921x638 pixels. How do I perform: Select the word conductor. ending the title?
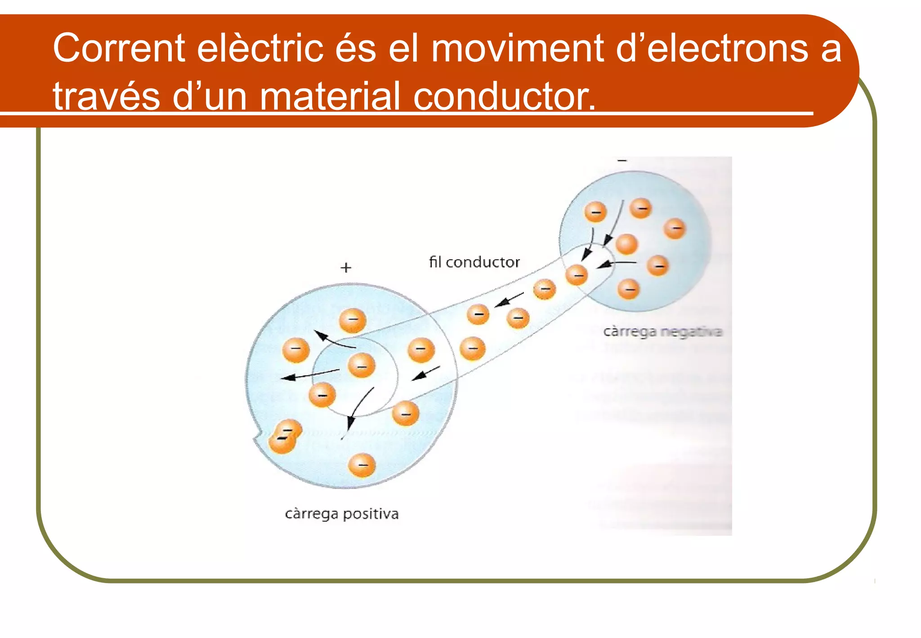[x=504, y=96]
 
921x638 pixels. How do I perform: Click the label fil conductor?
[x=474, y=262]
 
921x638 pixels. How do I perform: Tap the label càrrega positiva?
[x=342, y=514]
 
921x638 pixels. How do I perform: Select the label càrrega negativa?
[x=662, y=332]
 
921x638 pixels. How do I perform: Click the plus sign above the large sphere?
[x=345, y=268]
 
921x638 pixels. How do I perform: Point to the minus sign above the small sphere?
[x=622, y=161]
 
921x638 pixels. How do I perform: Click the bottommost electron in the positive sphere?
[x=362, y=465]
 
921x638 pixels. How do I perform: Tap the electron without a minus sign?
[x=626, y=244]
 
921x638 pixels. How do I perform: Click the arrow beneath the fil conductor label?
[x=509, y=300]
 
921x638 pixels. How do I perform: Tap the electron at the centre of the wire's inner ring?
[x=361, y=365]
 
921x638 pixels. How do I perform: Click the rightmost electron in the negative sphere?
[x=675, y=229]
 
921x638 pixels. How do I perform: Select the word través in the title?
[x=106, y=96]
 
